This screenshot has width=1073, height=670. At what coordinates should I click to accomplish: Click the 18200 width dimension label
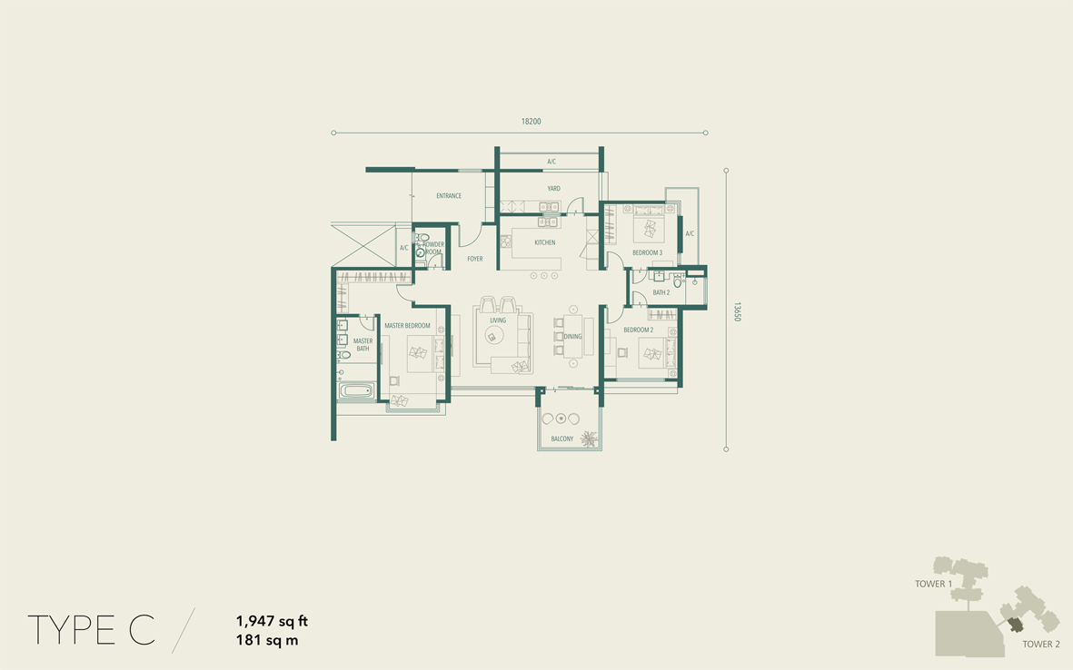pos(531,122)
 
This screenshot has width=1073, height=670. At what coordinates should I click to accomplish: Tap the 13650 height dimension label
pos(737,311)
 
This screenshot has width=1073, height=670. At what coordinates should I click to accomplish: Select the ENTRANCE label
pos(449,196)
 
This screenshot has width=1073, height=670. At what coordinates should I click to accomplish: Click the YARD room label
pos(553,189)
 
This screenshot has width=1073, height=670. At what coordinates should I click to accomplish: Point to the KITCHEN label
pos(545,242)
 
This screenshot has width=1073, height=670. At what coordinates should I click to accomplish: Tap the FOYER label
pos(475,259)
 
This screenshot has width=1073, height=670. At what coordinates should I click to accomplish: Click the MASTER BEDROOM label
pos(407,326)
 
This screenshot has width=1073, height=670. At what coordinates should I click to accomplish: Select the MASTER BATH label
pos(363,345)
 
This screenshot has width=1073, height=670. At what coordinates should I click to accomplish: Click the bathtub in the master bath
pos(356,392)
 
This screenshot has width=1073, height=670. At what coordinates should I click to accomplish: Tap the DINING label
pos(572,337)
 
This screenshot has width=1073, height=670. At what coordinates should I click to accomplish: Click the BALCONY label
pos(562,438)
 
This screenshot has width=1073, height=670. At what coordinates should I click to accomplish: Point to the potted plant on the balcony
pos(588,438)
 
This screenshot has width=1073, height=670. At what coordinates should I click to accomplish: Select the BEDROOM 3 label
pos(648,253)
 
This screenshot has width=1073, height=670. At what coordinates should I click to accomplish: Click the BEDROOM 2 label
pos(639,330)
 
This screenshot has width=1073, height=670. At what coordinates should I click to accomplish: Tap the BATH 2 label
pos(661,292)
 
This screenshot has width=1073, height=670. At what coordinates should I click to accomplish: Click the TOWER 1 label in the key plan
pos(933,584)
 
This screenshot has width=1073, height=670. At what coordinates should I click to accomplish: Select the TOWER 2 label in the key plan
pos(1041,644)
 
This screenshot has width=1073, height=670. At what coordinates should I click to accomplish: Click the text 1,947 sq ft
pos(272,622)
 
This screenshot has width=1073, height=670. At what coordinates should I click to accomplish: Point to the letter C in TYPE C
pos(142,630)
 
